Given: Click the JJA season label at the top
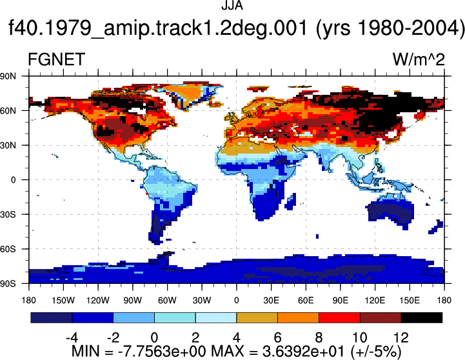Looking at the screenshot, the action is (232, 5).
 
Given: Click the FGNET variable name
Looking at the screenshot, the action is (56, 59).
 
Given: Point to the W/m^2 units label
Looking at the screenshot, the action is (419, 59).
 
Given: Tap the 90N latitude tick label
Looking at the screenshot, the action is (8, 76).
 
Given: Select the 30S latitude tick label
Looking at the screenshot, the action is (8, 214).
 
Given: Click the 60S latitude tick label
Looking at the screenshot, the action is (8, 249).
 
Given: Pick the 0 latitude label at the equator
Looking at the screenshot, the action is (13, 180).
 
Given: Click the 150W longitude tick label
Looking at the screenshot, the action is (63, 301).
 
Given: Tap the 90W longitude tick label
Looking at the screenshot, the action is (133, 301).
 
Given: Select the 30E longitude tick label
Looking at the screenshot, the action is (271, 301).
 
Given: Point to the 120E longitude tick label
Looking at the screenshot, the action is (375, 301).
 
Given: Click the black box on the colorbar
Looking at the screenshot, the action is (422, 317).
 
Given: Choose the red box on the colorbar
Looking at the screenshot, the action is (339, 317).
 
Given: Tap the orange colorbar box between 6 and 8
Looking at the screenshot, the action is (299, 317).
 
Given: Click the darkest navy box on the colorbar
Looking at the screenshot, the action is (52, 317).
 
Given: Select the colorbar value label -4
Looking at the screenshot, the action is (72, 338).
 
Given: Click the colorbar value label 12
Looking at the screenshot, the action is (401, 338).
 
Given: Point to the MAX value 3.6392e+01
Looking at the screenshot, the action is (304, 352).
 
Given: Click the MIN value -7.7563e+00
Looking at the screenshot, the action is (162, 352).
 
